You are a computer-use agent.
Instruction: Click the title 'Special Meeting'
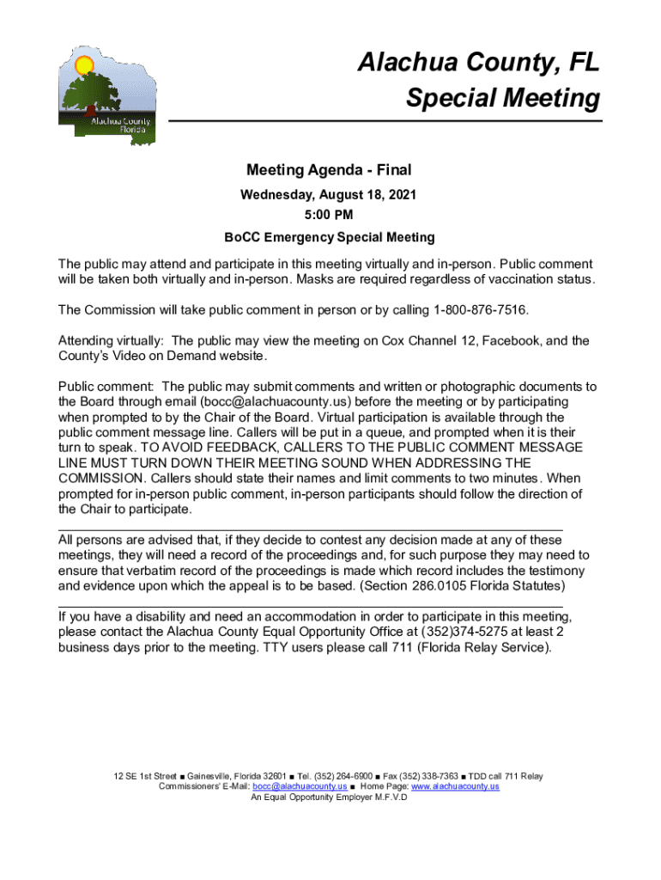503,98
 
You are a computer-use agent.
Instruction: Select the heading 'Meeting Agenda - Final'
330,170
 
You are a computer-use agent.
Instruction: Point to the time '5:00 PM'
330,216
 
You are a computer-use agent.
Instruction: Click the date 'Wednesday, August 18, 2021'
330,195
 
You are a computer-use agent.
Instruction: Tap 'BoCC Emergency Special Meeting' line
330,237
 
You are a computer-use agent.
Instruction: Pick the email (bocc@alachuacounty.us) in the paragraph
276,401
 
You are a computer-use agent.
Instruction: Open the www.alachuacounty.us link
455,786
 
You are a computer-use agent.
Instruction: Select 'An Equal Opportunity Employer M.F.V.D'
329,797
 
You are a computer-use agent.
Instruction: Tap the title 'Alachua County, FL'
478,63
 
